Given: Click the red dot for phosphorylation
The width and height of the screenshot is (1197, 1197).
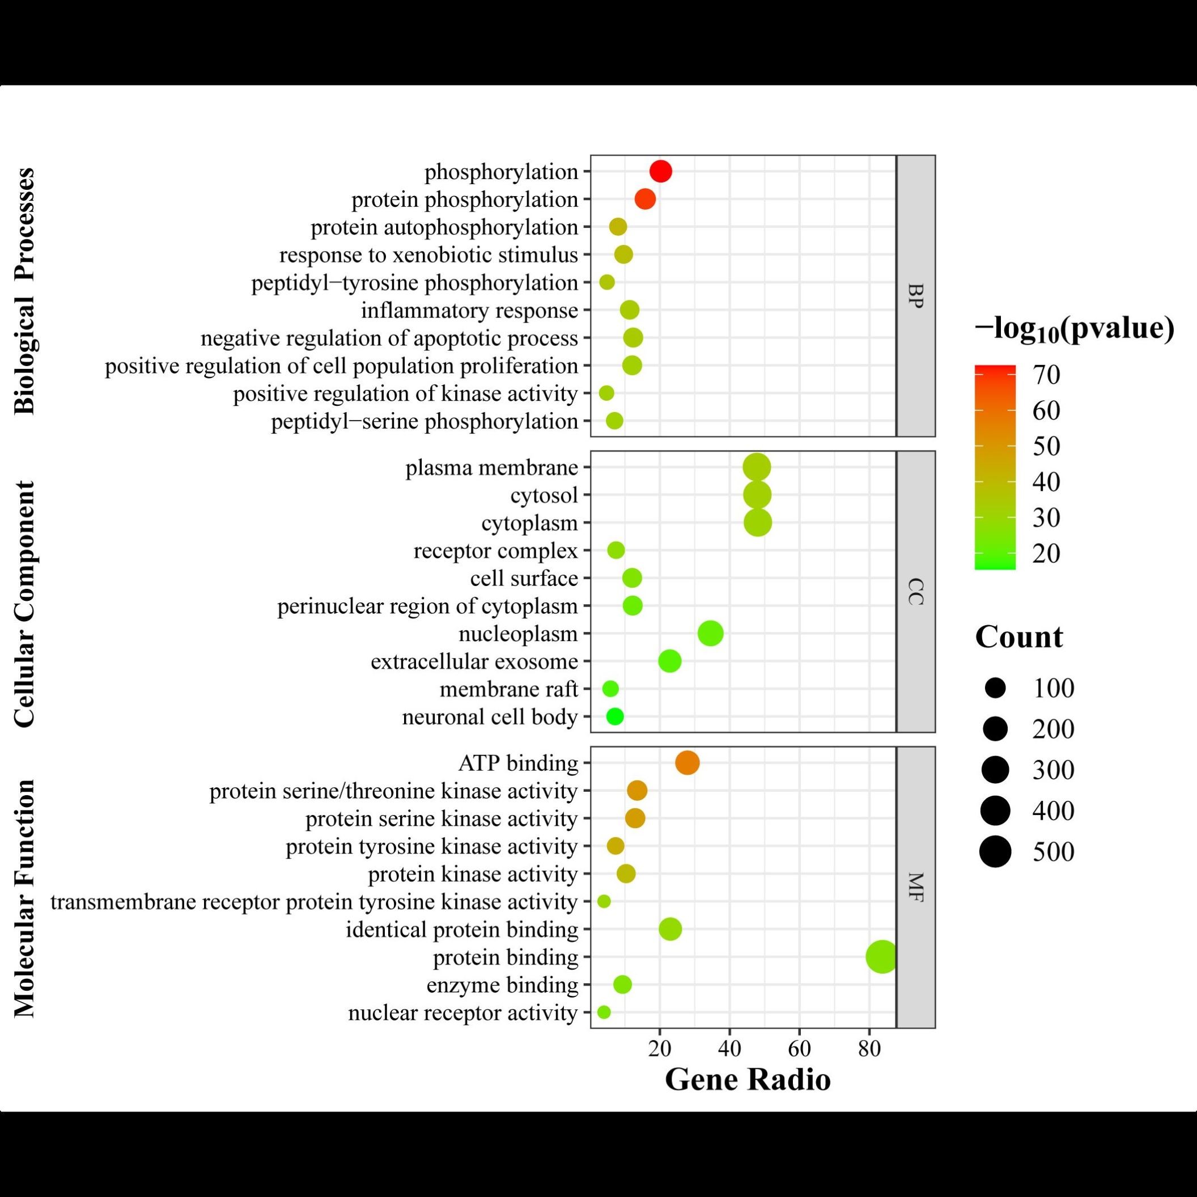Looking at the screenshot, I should [660, 172].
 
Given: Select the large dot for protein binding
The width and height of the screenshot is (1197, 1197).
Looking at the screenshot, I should [882, 957].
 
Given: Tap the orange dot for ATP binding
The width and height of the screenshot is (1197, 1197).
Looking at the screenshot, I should [687, 763].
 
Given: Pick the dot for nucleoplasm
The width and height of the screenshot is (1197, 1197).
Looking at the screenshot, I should [710, 633].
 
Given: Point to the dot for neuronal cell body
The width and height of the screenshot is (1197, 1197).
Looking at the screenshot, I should [614, 716].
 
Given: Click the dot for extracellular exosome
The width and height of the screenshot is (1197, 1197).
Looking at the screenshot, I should [669, 661].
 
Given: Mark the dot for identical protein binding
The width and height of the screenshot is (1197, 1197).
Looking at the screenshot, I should [670, 929].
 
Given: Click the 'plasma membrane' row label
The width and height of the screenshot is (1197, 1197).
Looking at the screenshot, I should [491, 468].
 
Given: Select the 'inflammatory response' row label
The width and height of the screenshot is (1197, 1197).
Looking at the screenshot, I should [469, 311].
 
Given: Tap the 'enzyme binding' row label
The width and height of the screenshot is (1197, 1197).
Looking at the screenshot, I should [502, 985].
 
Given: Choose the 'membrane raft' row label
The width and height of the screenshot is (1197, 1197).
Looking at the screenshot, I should [508, 689].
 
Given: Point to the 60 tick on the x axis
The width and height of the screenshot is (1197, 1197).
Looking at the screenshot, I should [799, 1049].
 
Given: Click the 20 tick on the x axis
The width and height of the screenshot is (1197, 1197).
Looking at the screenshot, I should [660, 1049].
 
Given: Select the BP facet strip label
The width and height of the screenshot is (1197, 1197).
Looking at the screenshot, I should [916, 296].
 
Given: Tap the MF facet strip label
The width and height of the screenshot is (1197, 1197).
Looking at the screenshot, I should [916, 887].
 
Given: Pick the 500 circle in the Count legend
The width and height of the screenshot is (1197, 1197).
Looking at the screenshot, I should [995, 851].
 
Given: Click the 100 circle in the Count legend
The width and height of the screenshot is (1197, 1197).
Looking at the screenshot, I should [995, 687].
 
